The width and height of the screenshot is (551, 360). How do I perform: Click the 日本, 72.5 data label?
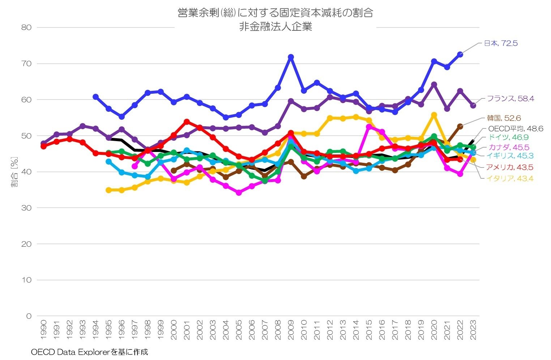pyautogui.click(x=501, y=43)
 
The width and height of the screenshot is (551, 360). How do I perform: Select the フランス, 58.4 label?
pyautogui.click(x=511, y=98)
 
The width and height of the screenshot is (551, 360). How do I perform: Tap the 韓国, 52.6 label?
pyautogui.click(x=504, y=118)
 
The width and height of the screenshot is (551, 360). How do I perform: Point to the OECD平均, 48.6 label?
pyautogui.click(x=516, y=129)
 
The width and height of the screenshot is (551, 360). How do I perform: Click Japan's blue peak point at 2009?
pyautogui.click(x=291, y=57)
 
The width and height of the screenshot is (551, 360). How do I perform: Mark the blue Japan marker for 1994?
pyautogui.click(x=95, y=97)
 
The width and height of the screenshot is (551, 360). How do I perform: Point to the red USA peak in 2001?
pyautogui.click(x=187, y=122)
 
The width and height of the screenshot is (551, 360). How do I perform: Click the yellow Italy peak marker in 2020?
pyautogui.click(x=434, y=115)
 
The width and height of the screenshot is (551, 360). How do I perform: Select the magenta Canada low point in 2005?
pyautogui.click(x=239, y=193)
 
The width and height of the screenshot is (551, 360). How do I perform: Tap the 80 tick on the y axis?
pyautogui.click(x=26, y=27)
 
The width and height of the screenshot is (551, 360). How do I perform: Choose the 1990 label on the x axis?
pyautogui.click(x=43, y=330)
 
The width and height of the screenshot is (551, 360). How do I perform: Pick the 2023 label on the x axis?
pyautogui.click(x=473, y=330)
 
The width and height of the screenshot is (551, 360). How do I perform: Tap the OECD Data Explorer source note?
pyautogui.click(x=89, y=352)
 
